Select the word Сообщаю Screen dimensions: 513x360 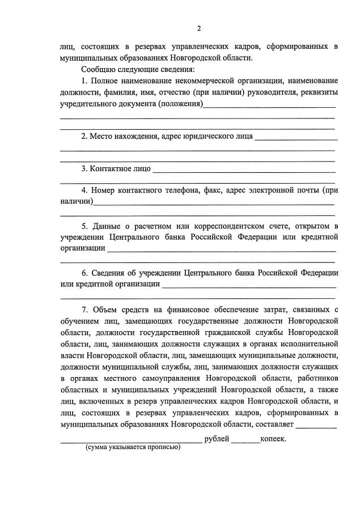tap(101, 69)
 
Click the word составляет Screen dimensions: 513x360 tap(274, 425)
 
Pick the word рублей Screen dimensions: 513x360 tap(217, 438)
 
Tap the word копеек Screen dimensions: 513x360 tap(273, 438)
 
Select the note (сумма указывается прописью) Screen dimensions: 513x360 tap(133, 447)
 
